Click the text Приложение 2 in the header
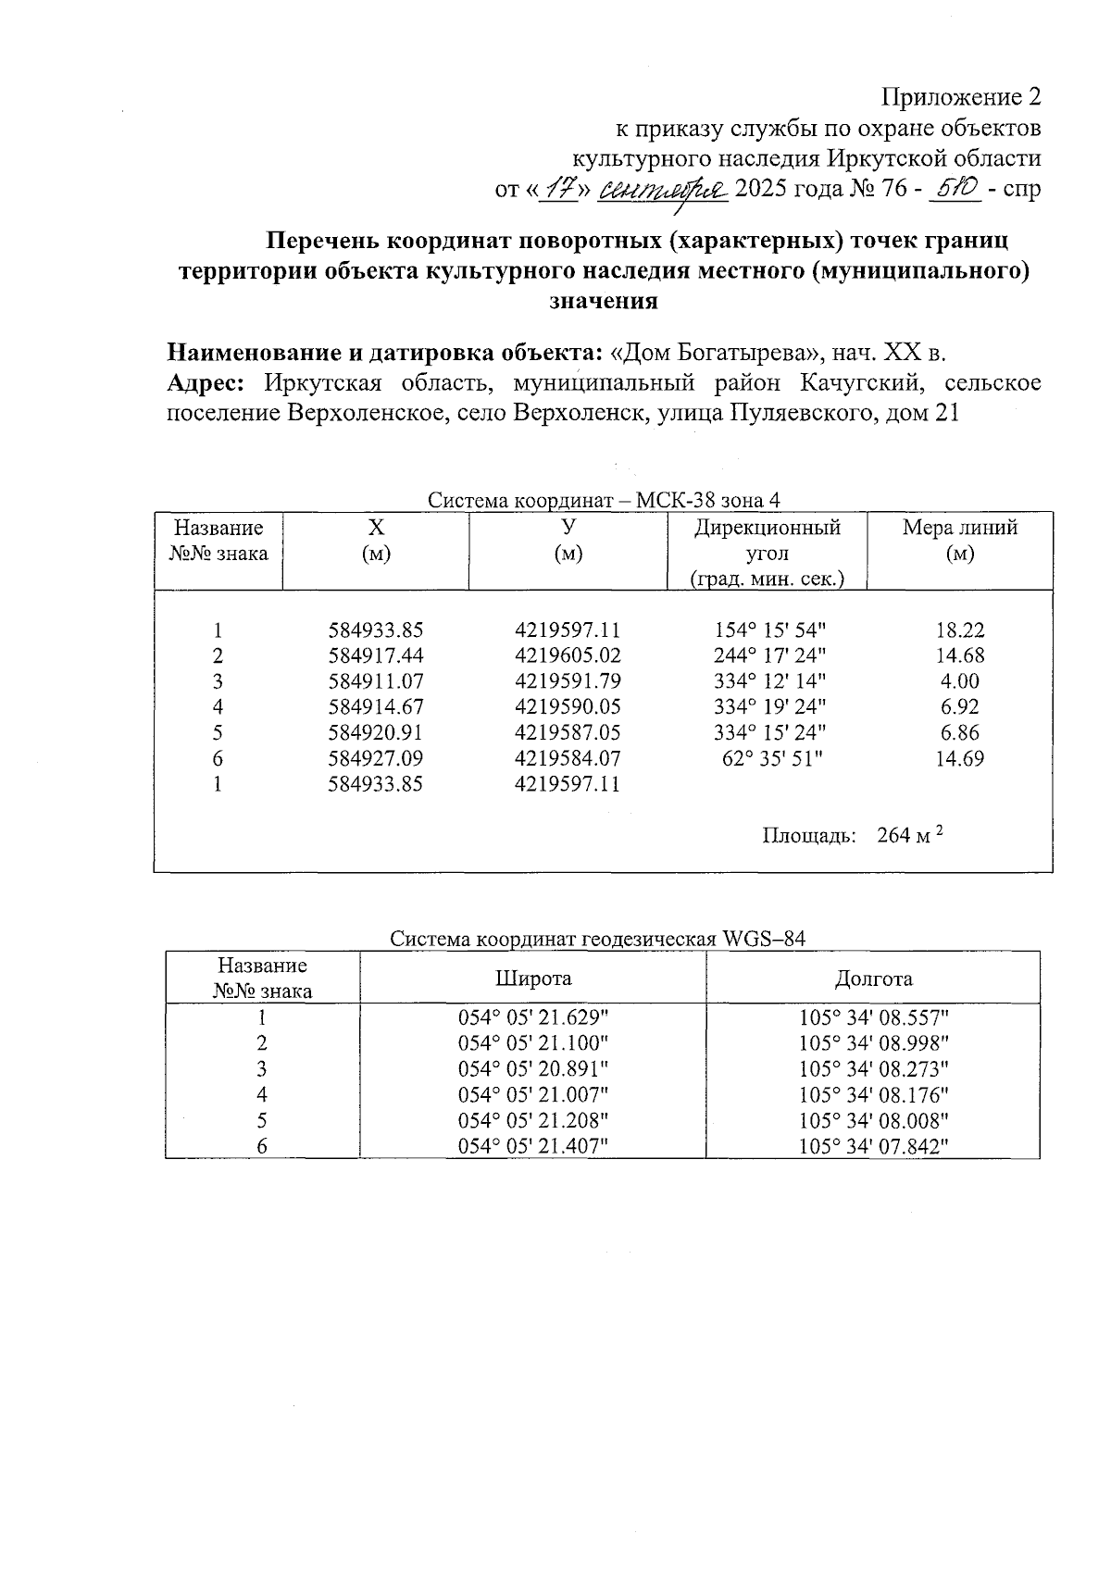960,97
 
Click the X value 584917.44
375,655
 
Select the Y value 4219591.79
567,681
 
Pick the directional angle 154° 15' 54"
770,630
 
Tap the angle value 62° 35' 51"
770,758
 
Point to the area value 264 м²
909,835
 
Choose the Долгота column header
873,979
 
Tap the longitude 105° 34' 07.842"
874,1146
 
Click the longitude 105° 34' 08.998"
874,1042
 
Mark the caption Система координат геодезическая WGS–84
597,939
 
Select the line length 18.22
959,630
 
